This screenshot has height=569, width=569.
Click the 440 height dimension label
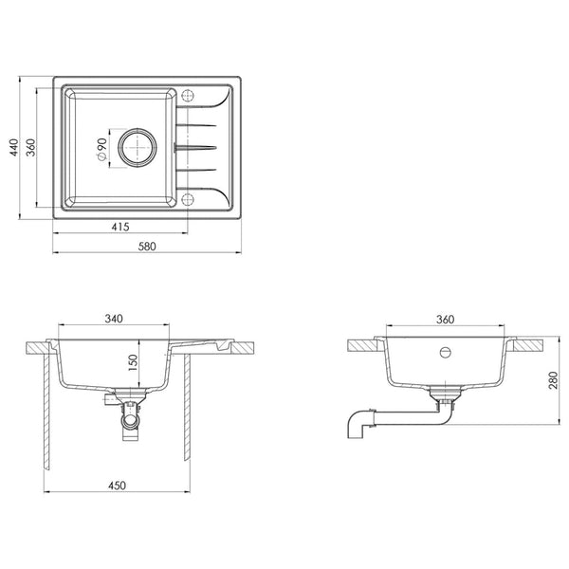pyautogui.click(x=14, y=147)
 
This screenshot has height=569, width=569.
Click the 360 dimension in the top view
pyautogui.click(x=31, y=147)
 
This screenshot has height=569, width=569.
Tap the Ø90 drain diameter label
pyautogui.click(x=101, y=150)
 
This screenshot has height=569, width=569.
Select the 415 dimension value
pyautogui.click(x=120, y=228)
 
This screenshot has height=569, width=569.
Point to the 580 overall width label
pyautogui.click(x=147, y=247)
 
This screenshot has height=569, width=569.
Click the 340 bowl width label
pyautogui.click(x=114, y=319)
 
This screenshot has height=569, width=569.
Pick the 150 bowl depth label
pyautogui.click(x=133, y=362)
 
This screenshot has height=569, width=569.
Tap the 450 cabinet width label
pyautogui.click(x=117, y=486)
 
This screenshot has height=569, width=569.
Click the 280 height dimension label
pyautogui.click(x=553, y=380)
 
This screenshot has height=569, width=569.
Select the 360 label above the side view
pyautogui.click(x=445, y=320)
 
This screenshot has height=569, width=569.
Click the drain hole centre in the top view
pyautogui.click(x=138, y=148)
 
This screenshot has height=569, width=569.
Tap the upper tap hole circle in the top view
pyautogui.click(x=188, y=96)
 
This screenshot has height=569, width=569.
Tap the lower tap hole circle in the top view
pyautogui.click(x=188, y=199)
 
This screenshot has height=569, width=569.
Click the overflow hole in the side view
pyautogui.click(x=446, y=353)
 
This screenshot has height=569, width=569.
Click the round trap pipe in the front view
pyautogui.click(x=130, y=421)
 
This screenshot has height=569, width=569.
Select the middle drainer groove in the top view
pyautogui.click(x=196, y=147)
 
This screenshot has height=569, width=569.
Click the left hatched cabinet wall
pyautogui.click(x=46, y=412)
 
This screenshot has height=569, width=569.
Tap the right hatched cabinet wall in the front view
pyautogui.click(x=187, y=407)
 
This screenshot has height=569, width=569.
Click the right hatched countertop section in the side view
pyautogui.click(x=528, y=345)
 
